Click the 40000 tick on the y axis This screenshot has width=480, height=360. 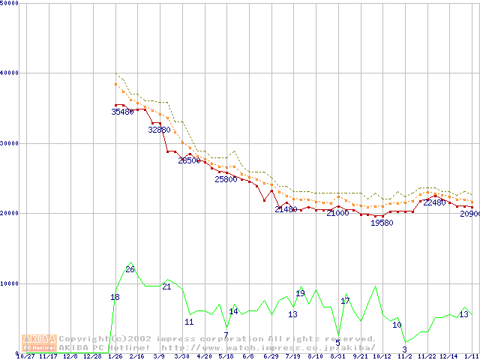click(10, 73)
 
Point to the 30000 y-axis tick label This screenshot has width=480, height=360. click(10, 143)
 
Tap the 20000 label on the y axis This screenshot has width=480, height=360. click(10, 213)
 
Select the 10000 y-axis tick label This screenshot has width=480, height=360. click(10, 283)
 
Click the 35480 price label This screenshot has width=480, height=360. click(122, 112)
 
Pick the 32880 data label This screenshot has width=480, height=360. click(159, 130)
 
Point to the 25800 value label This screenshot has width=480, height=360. click(226, 179)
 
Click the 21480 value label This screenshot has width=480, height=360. click(286, 209)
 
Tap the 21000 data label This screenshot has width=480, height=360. click(337, 214)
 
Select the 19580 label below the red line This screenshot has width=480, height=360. click(382, 223)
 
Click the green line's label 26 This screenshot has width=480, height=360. click(130, 269)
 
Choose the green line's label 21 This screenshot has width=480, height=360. click(166, 286)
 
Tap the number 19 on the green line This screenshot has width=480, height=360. click(300, 293)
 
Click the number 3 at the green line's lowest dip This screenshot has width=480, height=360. click(404, 349)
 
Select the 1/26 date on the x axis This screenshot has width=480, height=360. click(115, 357)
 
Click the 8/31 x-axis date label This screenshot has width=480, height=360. click(337, 357)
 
